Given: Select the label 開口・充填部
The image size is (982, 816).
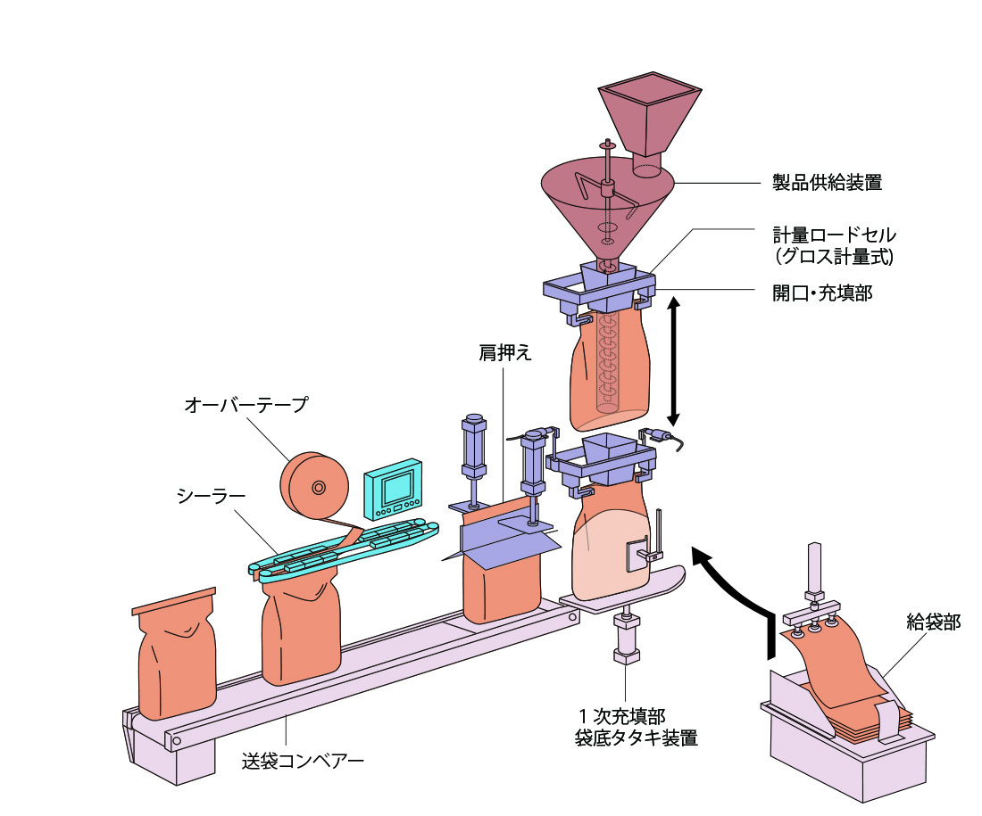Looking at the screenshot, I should [821, 292].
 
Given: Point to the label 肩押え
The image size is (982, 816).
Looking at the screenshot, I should [504, 352].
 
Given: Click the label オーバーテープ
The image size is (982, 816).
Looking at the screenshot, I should [245, 405].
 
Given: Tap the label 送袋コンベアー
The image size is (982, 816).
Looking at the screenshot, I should [303, 762].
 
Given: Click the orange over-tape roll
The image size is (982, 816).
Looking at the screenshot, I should [313, 488].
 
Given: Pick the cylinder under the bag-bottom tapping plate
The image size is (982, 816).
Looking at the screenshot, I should [626, 638].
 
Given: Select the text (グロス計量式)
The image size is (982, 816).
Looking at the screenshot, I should [834, 257].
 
